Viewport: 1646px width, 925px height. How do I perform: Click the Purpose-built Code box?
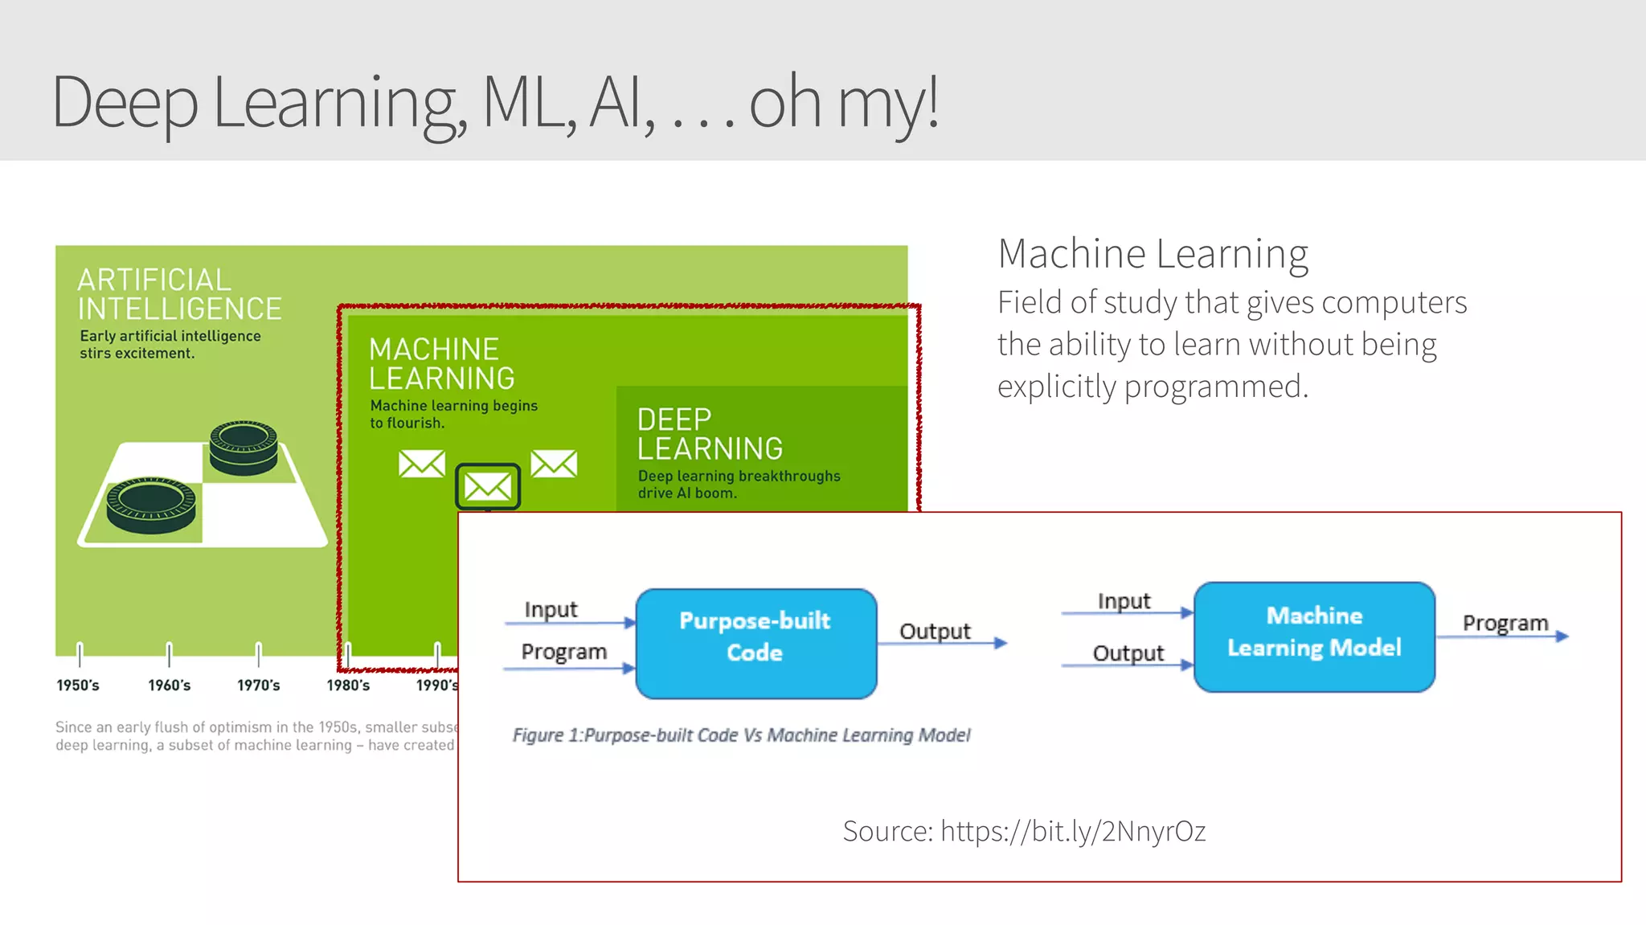[x=755, y=643]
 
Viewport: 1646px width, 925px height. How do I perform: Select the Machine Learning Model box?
[x=1314, y=636]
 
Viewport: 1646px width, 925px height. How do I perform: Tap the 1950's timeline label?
[x=78, y=686]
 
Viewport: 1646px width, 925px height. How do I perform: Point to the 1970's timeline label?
[x=258, y=686]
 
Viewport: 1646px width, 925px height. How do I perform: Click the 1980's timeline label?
[x=348, y=686]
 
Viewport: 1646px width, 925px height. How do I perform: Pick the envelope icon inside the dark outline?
[x=488, y=485]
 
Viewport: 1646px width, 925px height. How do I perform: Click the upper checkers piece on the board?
[x=244, y=446]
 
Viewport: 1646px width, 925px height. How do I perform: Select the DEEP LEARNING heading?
[x=709, y=434]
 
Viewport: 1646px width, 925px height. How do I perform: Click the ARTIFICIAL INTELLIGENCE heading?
[x=178, y=294]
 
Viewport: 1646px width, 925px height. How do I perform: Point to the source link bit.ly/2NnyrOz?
[x=1072, y=831]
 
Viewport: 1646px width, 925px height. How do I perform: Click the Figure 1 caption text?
[x=741, y=735]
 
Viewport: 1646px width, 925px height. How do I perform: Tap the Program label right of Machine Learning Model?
[x=1505, y=623]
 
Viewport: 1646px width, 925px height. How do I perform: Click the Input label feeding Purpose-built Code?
[x=551, y=609]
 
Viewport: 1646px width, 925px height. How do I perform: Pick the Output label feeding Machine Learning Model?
[x=1128, y=653]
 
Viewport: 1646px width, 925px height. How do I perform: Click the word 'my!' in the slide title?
[x=888, y=102]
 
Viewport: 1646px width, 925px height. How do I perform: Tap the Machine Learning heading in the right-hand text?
[x=1153, y=254]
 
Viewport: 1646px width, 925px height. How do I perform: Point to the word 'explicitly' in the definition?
[x=1056, y=387]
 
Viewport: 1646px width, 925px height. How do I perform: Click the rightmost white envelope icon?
[x=554, y=463]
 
